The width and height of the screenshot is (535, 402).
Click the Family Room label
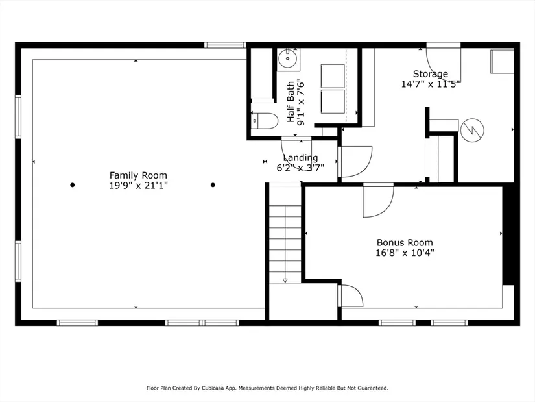[x=138, y=175]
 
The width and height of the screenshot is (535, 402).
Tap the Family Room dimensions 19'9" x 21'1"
[x=138, y=186]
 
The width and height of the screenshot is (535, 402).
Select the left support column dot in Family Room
[x=73, y=185]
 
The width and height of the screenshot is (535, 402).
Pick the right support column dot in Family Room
[x=213, y=185]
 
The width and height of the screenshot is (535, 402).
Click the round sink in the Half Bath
[x=289, y=60]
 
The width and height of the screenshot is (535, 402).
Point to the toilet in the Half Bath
[x=265, y=121]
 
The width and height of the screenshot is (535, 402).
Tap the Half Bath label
[x=291, y=101]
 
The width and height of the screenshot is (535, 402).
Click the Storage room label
[x=430, y=74]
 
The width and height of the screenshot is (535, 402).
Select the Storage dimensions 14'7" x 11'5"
[x=431, y=84]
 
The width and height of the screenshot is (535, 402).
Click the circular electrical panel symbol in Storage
[x=472, y=131]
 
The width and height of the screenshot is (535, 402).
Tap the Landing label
[x=300, y=158]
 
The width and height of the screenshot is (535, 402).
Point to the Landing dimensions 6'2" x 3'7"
[x=300, y=168]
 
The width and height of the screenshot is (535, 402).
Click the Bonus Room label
[x=405, y=242]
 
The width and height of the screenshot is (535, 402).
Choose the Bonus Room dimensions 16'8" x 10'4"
[x=405, y=253]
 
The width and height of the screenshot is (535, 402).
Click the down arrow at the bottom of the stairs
[x=285, y=281]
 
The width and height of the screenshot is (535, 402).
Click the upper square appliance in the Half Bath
[x=333, y=76]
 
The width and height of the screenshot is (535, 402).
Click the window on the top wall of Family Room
[x=225, y=45]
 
